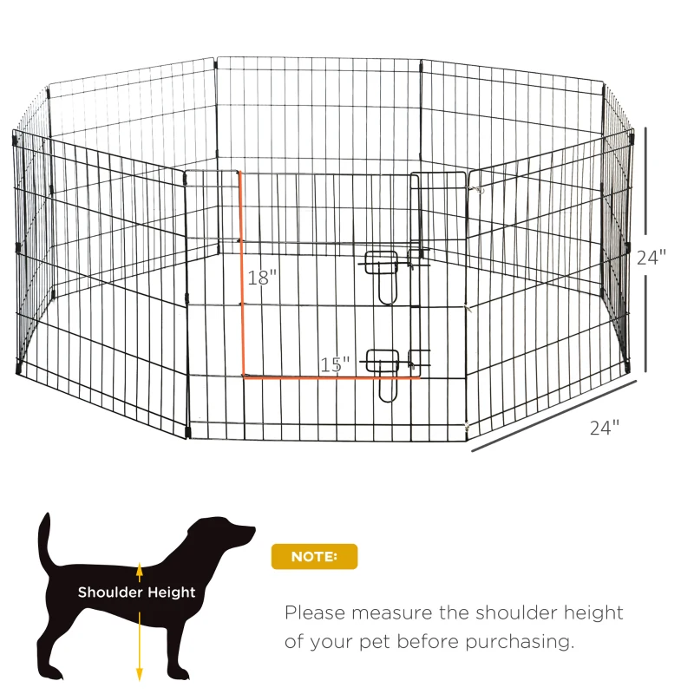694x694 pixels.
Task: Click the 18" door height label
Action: (261, 278)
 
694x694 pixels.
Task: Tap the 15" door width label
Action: (334, 364)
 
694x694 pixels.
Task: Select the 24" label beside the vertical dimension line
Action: (651, 258)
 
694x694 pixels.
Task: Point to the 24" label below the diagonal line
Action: (606, 427)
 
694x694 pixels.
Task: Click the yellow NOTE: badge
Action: (314, 556)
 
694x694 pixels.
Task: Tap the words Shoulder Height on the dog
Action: (137, 593)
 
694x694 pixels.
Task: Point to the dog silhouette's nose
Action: (252, 528)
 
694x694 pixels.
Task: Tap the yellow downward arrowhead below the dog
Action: (139, 673)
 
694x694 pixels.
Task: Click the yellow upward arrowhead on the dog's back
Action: (139, 567)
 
